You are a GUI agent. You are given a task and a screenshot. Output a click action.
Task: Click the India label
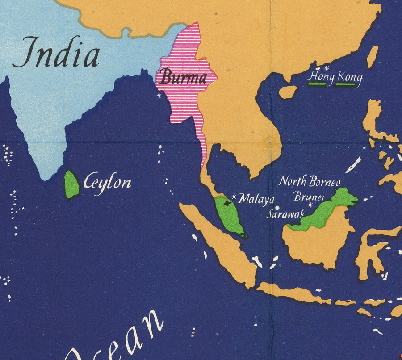(x=56, y=53)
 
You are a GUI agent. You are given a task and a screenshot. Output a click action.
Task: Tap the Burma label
(x=183, y=78)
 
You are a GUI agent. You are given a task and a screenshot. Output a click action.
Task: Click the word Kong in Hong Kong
(x=349, y=78)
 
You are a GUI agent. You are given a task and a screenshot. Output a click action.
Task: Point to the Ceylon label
(x=108, y=182)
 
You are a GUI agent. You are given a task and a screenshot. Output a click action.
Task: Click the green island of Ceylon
(x=71, y=185)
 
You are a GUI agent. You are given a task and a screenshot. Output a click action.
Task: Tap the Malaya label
(x=256, y=199)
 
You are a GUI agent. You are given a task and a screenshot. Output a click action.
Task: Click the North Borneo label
(x=309, y=181)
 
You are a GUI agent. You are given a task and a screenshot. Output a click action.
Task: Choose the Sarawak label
(x=285, y=214)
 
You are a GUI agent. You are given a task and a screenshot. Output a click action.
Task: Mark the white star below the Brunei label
(x=310, y=205)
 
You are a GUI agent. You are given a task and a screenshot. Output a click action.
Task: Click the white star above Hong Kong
(x=326, y=68)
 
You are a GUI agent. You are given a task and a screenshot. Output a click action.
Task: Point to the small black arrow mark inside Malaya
(x=228, y=203)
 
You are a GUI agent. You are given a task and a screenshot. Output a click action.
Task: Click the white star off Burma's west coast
(x=159, y=95)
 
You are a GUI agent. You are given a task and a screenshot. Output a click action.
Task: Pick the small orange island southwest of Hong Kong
(x=288, y=92)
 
